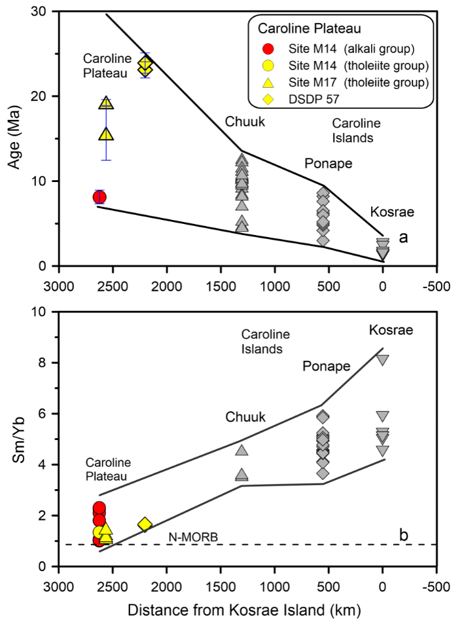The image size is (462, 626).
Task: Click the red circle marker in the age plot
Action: tap(99, 197)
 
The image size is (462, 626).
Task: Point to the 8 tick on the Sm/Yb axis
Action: tap(49, 363)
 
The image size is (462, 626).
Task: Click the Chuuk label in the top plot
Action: tap(243, 122)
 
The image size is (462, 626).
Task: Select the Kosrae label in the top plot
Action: tap(392, 212)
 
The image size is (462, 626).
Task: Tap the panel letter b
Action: tap(404, 534)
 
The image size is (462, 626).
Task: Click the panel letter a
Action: tap(403, 238)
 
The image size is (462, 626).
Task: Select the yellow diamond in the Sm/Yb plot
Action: tap(145, 524)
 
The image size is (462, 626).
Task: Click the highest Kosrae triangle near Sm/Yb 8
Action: tap(383, 359)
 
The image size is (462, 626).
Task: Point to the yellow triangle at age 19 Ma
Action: tap(106, 103)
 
